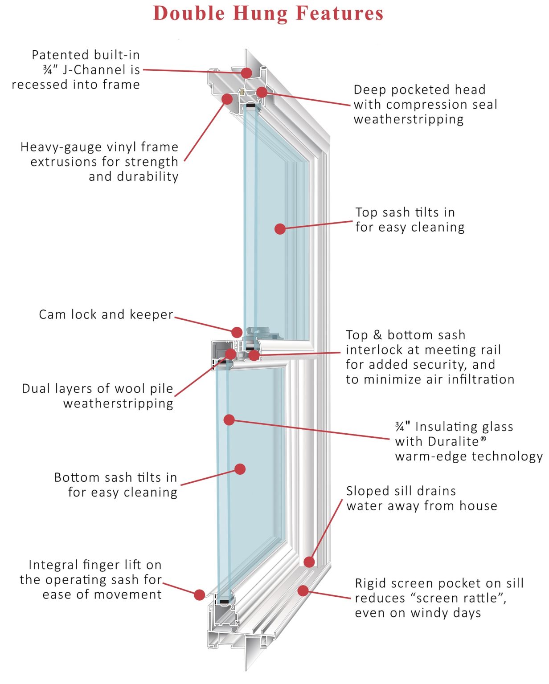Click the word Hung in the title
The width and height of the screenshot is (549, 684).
(x=261, y=13)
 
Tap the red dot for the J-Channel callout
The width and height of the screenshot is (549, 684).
(x=247, y=73)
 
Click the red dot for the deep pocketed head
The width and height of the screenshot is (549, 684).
(x=262, y=92)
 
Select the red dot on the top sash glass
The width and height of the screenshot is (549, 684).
(x=280, y=229)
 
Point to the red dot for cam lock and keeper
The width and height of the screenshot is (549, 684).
(x=237, y=332)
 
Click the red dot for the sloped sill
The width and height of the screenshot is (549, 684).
(x=309, y=562)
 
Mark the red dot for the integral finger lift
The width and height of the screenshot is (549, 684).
(x=200, y=594)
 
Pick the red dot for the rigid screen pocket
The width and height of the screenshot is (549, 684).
(x=303, y=590)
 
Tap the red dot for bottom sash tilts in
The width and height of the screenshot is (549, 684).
(x=240, y=469)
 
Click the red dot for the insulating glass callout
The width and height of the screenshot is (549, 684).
(x=229, y=419)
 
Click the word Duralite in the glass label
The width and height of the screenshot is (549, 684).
(x=453, y=441)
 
